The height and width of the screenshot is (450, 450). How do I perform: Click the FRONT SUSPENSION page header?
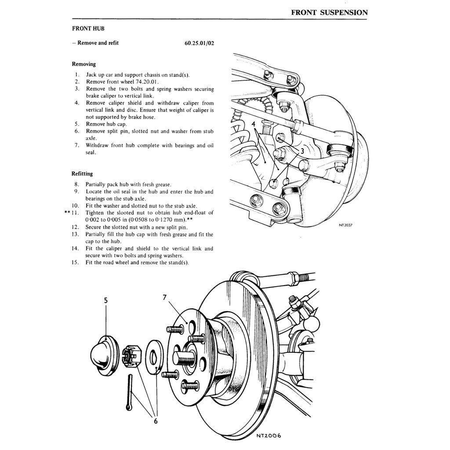pyautogui.click(x=329, y=12)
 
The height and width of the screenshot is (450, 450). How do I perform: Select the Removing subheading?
pyautogui.click(x=83, y=64)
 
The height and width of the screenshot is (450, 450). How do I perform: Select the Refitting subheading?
pyautogui.click(x=82, y=174)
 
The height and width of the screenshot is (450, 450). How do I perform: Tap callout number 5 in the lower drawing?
pyautogui.click(x=106, y=301)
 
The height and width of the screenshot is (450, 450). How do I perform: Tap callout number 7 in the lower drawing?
pyautogui.click(x=165, y=298)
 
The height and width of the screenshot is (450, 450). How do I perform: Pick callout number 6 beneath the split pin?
pyautogui.click(x=155, y=421)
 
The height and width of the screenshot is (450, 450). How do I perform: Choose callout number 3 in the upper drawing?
pyautogui.click(x=302, y=150)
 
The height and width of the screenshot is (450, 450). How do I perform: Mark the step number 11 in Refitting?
pyautogui.click(x=73, y=213)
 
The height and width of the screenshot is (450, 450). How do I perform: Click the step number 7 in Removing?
pyautogui.click(x=76, y=145)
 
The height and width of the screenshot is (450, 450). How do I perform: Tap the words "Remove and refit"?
pyautogui.click(x=98, y=43)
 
